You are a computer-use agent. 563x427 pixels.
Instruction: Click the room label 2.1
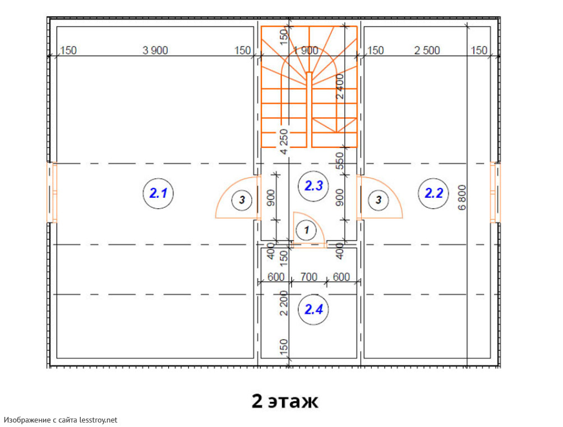tap(158, 193)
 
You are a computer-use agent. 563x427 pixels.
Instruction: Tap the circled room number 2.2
tap(433, 193)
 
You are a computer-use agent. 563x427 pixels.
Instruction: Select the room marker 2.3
tap(313, 186)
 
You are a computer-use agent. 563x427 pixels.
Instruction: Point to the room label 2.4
tap(313, 309)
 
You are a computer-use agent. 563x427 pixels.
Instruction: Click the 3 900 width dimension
tap(155, 50)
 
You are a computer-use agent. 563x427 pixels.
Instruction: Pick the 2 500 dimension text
tap(427, 50)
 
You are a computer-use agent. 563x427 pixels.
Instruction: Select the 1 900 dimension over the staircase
tap(306, 50)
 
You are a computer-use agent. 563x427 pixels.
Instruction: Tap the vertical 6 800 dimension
tap(462, 197)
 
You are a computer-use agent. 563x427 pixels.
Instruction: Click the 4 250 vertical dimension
tap(284, 142)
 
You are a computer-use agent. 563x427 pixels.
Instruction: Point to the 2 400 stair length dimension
tap(340, 86)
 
